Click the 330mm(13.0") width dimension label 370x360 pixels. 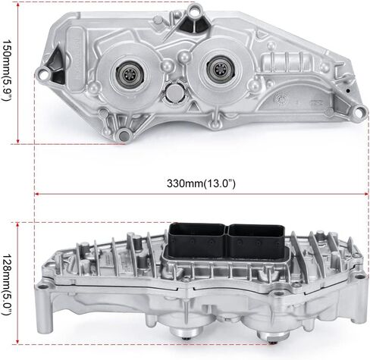click(201, 183)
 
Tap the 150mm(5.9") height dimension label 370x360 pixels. click(7, 70)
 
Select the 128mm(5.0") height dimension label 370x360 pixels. click(7, 285)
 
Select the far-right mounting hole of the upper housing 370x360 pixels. click(359, 112)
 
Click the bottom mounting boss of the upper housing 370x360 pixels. click(124, 136)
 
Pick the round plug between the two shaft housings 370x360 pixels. click(174, 92)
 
